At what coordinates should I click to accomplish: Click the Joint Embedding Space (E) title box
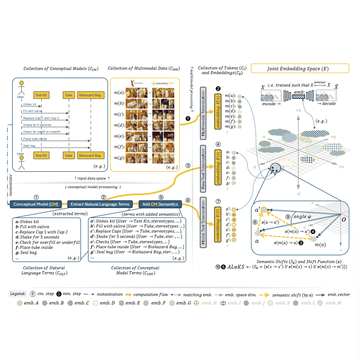pyautogui.click(x=300, y=69)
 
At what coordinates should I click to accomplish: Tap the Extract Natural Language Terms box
pyautogui.click(x=100, y=204)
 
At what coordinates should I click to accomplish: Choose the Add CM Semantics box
pyautogui.click(x=160, y=204)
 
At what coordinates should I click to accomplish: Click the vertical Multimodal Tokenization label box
pyautogui.click(x=203, y=110)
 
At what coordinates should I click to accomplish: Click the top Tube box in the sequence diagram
pyautogui.click(x=68, y=96)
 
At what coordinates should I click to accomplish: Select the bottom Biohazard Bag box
pyautogui.click(x=90, y=155)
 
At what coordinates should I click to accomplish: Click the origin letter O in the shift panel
pyautogui.click(x=344, y=219)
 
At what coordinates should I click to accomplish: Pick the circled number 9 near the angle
pyautogui.click(x=288, y=216)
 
